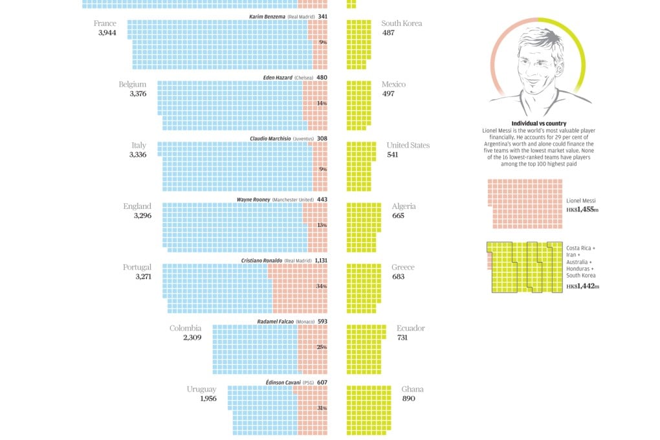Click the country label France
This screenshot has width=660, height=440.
click(x=105, y=24)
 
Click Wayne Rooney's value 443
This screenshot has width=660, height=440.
click(x=322, y=199)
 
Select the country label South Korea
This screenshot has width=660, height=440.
click(x=402, y=24)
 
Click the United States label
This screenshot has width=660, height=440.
click(x=408, y=146)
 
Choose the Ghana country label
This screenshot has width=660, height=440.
click(x=413, y=389)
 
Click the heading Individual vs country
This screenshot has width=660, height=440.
click(x=538, y=124)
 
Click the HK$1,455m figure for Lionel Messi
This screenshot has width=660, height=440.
click(x=582, y=210)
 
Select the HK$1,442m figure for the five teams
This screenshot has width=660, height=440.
click(x=582, y=286)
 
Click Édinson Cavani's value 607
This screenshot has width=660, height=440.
click(x=322, y=382)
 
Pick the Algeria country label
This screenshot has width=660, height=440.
click(x=404, y=206)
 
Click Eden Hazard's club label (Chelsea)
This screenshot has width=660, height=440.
click(x=303, y=78)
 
